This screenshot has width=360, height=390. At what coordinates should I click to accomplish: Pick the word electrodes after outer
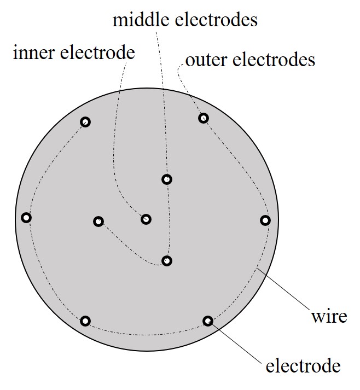coord(274,60)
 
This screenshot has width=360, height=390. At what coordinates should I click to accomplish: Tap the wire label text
coord(329,316)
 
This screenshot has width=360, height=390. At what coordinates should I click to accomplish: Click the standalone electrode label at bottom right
coord(303,365)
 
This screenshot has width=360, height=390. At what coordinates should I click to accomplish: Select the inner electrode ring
coord(146,219)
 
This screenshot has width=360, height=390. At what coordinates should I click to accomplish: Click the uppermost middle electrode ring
coord(167,179)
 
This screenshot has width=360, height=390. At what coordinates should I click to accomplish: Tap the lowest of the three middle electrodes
coord(167,261)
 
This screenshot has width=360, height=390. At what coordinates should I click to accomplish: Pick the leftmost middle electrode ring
coord(98,222)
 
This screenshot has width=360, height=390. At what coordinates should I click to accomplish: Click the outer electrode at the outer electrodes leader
coord(203,118)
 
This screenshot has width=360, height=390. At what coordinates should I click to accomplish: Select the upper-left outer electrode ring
coord(85,122)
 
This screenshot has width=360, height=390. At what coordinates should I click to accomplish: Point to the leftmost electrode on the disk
coord(26,218)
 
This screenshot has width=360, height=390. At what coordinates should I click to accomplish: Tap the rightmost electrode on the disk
coord(265,220)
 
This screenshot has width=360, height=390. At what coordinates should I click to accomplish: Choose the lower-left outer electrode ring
coord(85,321)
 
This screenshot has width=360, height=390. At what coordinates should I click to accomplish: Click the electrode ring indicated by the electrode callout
coord(208,321)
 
